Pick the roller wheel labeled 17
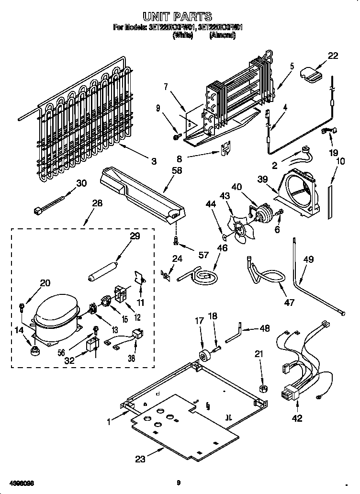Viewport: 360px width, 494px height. tap(204, 357)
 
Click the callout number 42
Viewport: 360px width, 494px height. tap(297, 418)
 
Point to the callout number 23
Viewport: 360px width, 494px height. tap(139, 459)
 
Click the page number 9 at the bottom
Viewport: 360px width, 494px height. tap(178, 483)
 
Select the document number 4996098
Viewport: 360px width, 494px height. tap(21, 483)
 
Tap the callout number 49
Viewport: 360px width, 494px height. tap(309, 259)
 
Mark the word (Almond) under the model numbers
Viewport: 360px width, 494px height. tap(223, 35)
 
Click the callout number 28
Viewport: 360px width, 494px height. tap(97, 203)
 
